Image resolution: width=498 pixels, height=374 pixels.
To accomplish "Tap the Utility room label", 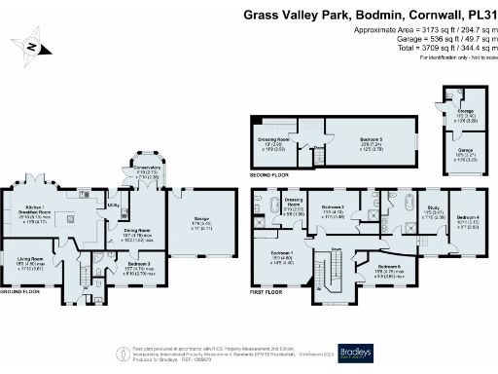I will (x=113, y=206).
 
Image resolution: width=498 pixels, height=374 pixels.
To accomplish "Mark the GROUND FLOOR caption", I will (x=18, y=291).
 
